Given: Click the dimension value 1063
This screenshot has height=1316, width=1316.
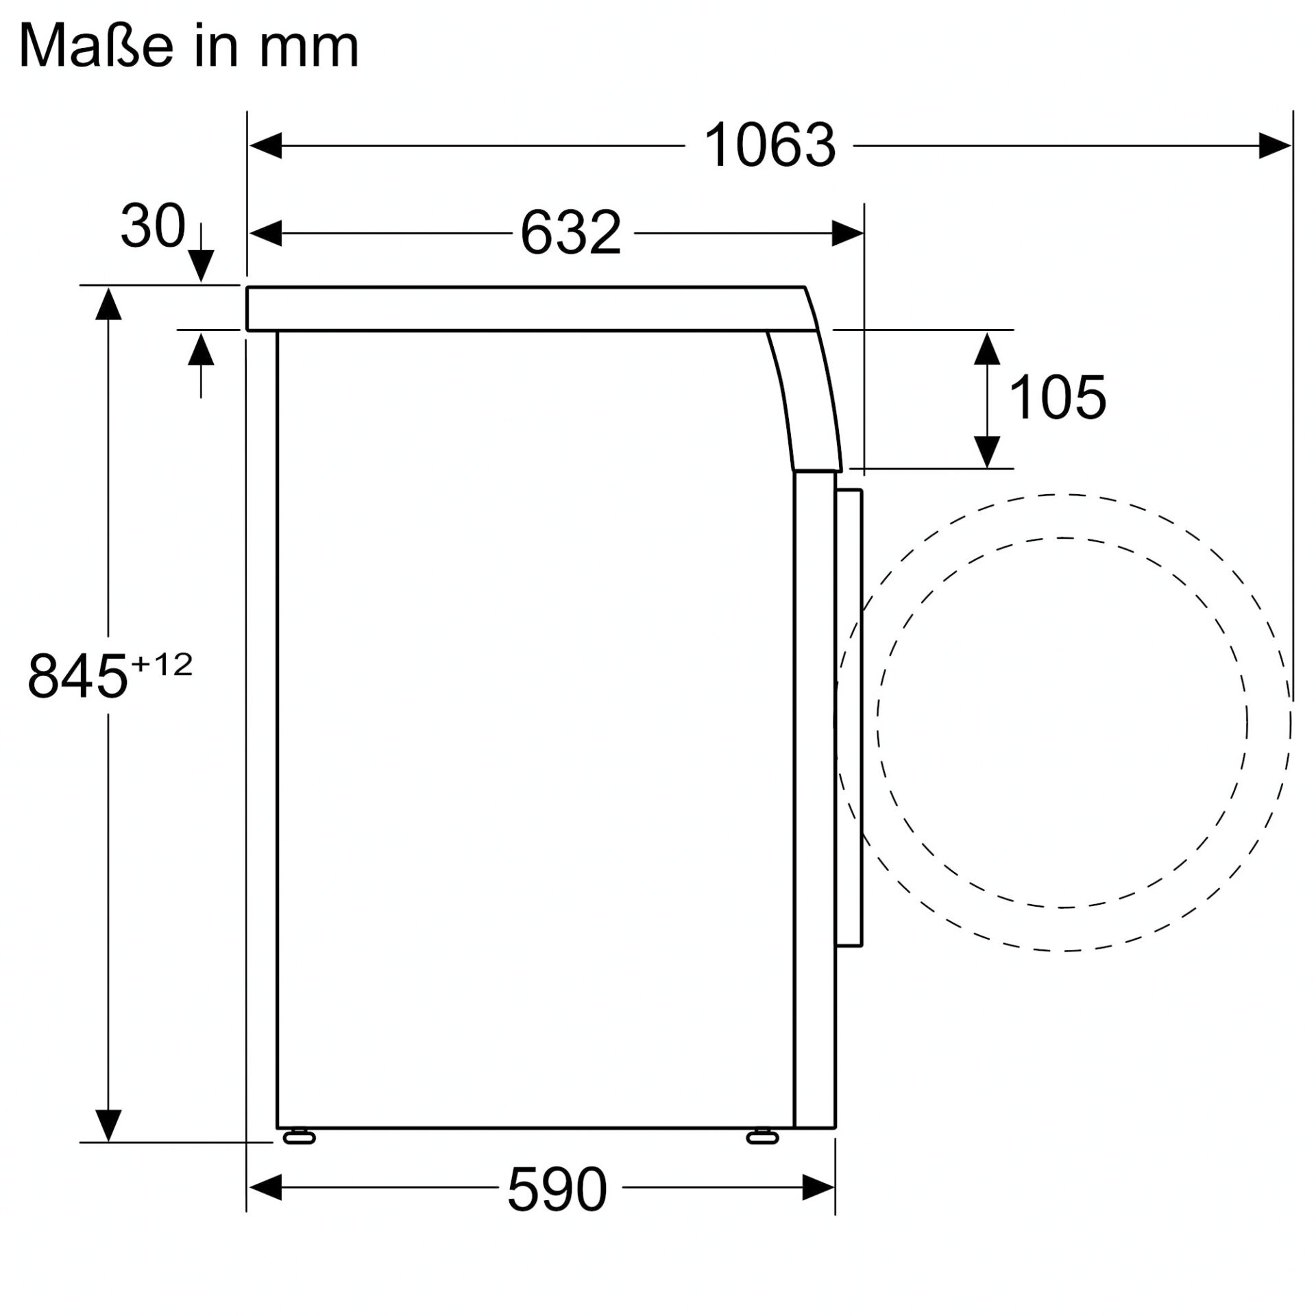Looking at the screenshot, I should tap(769, 145).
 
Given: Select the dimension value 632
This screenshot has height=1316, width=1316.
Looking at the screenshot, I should tap(570, 233).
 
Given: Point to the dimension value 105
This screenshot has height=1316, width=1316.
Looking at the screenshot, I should tap(1057, 398).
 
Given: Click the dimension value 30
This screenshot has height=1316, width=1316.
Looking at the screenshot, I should tap(152, 226).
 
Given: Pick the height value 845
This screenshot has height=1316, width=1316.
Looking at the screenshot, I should tap(77, 676).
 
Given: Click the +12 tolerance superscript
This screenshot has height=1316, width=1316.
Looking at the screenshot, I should tap(162, 664).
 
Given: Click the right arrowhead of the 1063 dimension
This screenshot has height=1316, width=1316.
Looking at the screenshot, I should tap(1275, 145).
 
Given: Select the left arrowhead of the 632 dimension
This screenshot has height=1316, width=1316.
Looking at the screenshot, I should tap(266, 233).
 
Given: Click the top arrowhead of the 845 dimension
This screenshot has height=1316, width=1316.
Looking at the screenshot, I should tap(108, 304).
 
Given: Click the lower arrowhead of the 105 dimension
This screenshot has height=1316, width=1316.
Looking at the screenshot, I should tap(986, 452).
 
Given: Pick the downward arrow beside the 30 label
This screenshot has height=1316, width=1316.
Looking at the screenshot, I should tap(201, 265).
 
